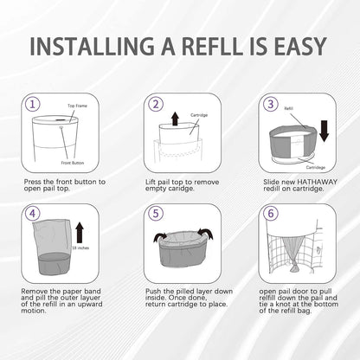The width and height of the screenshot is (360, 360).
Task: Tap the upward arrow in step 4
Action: pos(80,231)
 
